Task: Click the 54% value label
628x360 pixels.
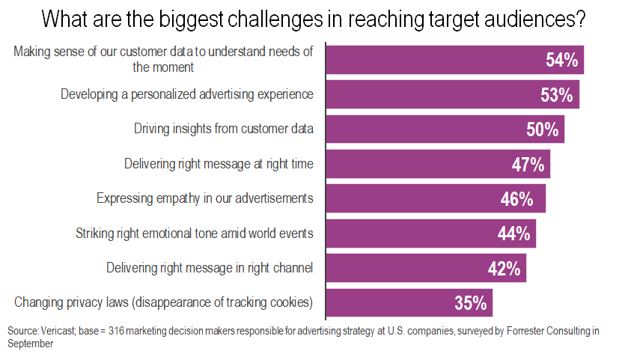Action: pos(561,61)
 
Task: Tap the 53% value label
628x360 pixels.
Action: pos(556,95)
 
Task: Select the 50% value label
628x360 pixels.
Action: pos(543,129)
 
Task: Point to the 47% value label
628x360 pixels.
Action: pos(528,164)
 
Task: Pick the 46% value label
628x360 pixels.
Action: pos(516,199)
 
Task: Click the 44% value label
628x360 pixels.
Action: pos(513,234)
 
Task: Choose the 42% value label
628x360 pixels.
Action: pos(504,269)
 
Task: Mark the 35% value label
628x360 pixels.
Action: pos(471,303)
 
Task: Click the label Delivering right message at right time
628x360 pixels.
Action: pos(219,163)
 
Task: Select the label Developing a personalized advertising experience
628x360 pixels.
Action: pos(187,94)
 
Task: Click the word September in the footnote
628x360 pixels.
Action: pos(29,344)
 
